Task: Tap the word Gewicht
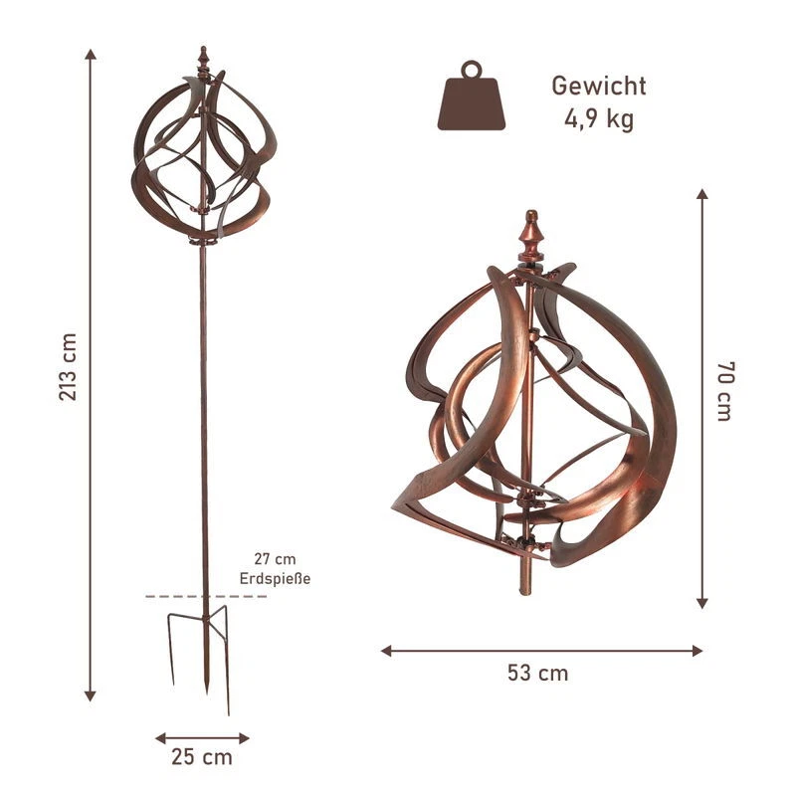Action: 599,86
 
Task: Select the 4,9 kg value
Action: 599,119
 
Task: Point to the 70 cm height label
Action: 725,391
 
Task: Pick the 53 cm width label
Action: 538,674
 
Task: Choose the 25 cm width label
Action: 202,757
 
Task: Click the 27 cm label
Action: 276,559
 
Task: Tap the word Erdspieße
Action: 276,578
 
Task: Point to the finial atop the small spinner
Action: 204,59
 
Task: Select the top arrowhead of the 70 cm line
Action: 701,195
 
